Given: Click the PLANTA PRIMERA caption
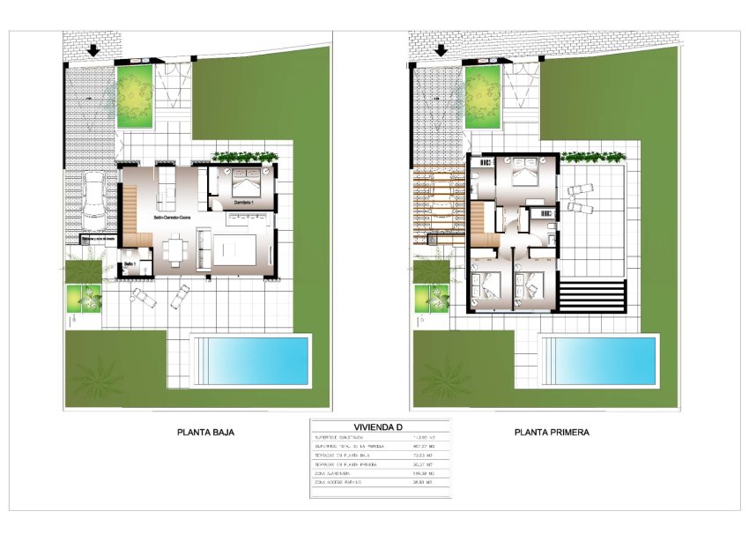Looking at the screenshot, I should (552, 433).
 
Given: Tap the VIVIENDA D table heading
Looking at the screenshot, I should (379, 427).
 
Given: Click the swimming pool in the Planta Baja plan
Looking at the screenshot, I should (251, 360).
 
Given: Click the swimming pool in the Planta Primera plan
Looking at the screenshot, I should (599, 360).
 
